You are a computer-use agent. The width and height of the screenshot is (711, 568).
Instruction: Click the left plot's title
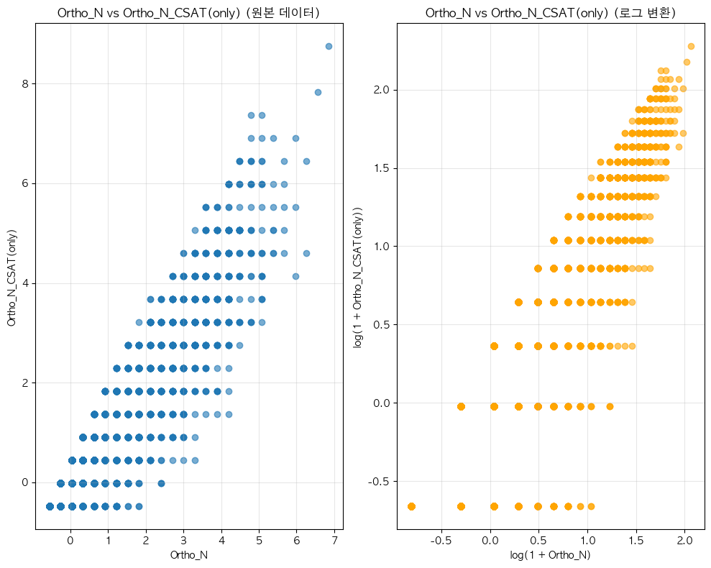pyautogui.click(x=188, y=13)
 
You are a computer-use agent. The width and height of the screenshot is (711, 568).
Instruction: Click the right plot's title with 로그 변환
pyautogui.click(x=550, y=13)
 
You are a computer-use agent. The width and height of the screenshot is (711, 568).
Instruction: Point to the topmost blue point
pyautogui.click(x=329, y=46)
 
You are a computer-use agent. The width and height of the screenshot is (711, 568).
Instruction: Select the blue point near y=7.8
pyautogui.click(x=318, y=92)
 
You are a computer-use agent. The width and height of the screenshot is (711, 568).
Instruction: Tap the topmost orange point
pyautogui.click(x=691, y=46)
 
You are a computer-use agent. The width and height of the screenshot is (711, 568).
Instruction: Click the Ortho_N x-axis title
pyautogui.click(x=188, y=555)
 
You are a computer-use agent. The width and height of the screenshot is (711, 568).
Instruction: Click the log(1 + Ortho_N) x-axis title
pyautogui.click(x=550, y=555)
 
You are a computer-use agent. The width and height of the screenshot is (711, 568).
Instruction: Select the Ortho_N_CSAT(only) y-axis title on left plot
pyautogui.click(x=12, y=277)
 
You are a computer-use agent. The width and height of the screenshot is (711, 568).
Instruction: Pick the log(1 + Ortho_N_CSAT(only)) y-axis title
pyautogui.click(x=359, y=277)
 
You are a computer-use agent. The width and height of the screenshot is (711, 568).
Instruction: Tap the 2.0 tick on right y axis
pyautogui.click(x=382, y=90)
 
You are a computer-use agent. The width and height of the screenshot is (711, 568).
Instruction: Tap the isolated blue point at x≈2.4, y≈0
pyautogui.click(x=161, y=483)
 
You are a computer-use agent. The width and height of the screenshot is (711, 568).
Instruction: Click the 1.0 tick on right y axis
pyautogui.click(x=382, y=247)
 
